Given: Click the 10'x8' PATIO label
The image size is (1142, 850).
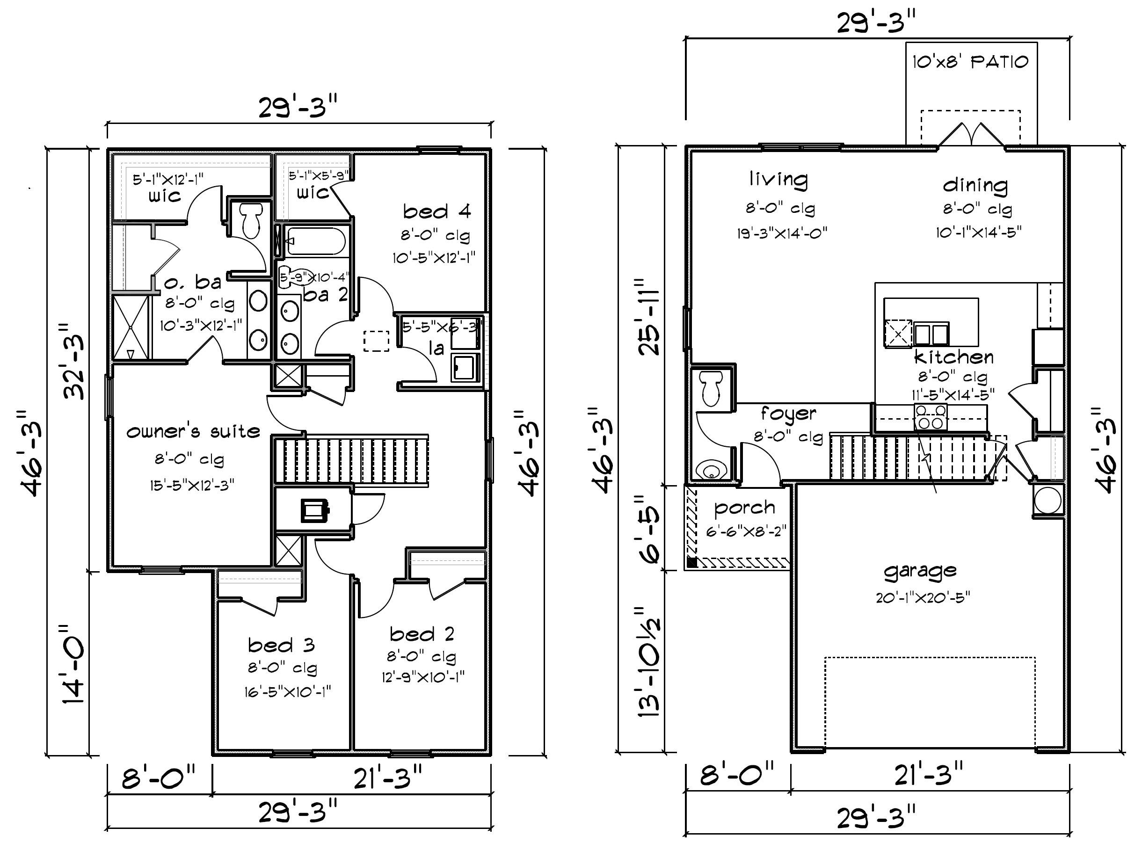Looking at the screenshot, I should pos(970,62).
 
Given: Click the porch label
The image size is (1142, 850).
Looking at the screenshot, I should pos(744,509).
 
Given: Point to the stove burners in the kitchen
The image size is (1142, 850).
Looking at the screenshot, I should pos(930,417).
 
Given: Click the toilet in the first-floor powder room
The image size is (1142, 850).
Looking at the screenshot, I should pos(712,389).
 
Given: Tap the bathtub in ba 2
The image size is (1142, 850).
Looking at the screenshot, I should pos(315,241).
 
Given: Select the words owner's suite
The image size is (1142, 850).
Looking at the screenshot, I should pos(193,431).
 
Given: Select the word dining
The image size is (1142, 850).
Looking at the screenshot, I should pos(975,185).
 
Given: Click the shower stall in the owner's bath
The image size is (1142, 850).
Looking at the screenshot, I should pos(131,327).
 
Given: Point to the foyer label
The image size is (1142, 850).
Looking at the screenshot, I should pos(788,414).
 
